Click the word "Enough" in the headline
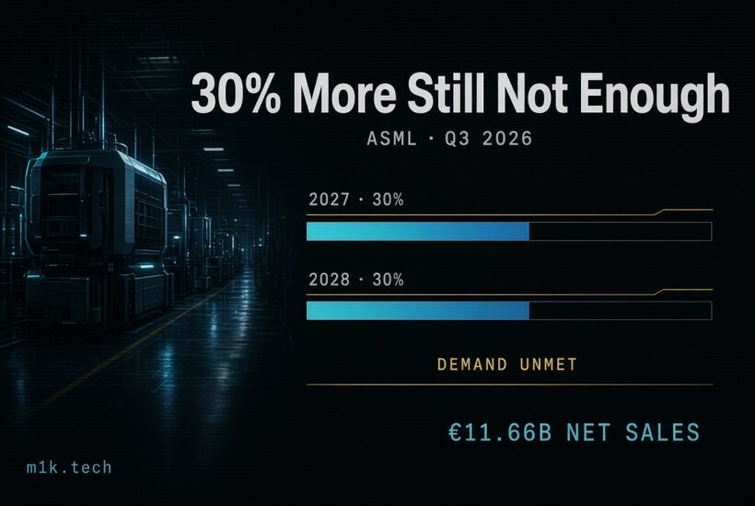[656, 97]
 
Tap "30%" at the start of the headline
[236, 93]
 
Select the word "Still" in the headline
[446, 93]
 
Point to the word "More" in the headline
[344, 93]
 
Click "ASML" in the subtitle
[391, 139]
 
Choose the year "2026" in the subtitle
[507, 139]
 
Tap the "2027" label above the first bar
[329, 200]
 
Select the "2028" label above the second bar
[329, 280]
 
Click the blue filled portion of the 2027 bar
[418, 231]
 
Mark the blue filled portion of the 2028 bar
[418, 311]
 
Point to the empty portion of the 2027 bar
[621, 231]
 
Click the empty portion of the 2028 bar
[621, 311]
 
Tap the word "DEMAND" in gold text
[471, 364]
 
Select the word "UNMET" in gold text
[549, 364]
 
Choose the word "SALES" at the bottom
[663, 432]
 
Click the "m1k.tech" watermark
[69, 467]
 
